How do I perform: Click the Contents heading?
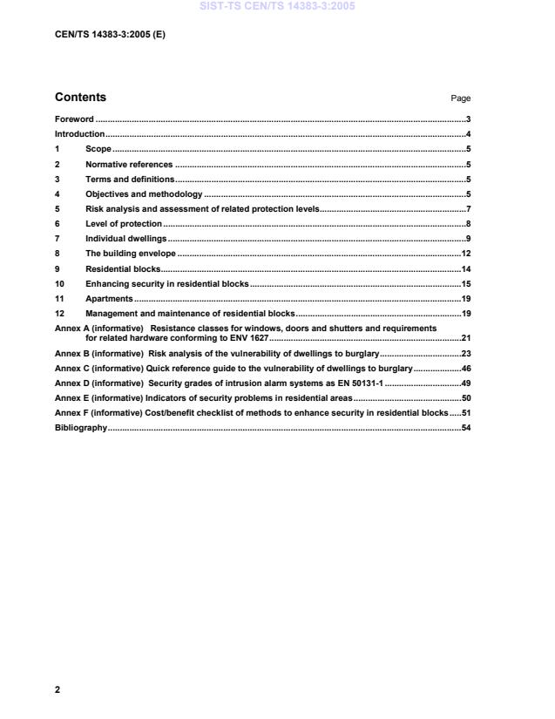click(x=80, y=98)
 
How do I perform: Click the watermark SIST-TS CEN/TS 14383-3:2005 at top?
click(x=276, y=7)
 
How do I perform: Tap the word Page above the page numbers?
click(x=460, y=98)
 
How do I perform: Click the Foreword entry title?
click(x=74, y=119)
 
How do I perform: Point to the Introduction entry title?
click(x=79, y=134)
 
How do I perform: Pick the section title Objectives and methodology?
click(x=144, y=193)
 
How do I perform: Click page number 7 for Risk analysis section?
click(x=468, y=209)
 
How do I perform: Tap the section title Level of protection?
click(x=124, y=224)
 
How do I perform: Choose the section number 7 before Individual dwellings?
click(x=58, y=238)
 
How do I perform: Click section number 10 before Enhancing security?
click(x=60, y=283)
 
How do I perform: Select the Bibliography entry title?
click(x=81, y=428)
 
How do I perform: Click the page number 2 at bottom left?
click(x=58, y=689)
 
